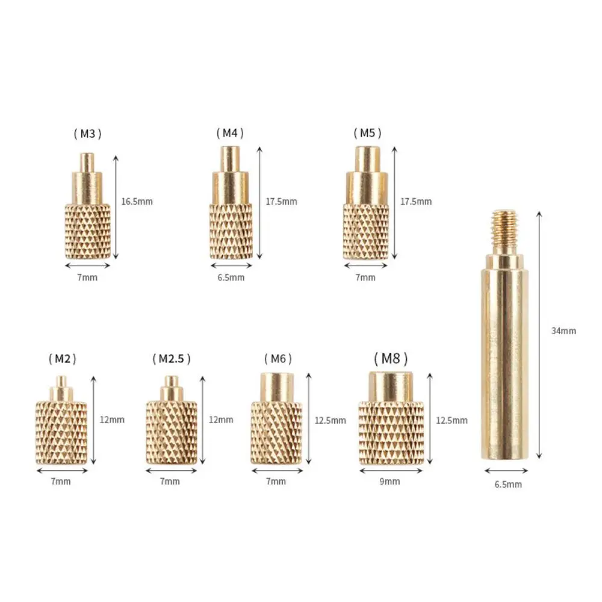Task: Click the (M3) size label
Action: [x=87, y=134]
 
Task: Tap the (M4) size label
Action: [x=230, y=133]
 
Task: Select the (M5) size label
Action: [x=367, y=133]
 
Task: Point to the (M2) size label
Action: [x=63, y=359]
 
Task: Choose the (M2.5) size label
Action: [x=172, y=359]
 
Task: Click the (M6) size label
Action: [x=278, y=359]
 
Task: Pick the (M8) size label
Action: [x=391, y=359]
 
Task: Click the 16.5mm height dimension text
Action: [x=137, y=202]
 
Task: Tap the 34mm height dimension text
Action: [x=563, y=331]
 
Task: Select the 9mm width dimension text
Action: [x=389, y=482]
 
